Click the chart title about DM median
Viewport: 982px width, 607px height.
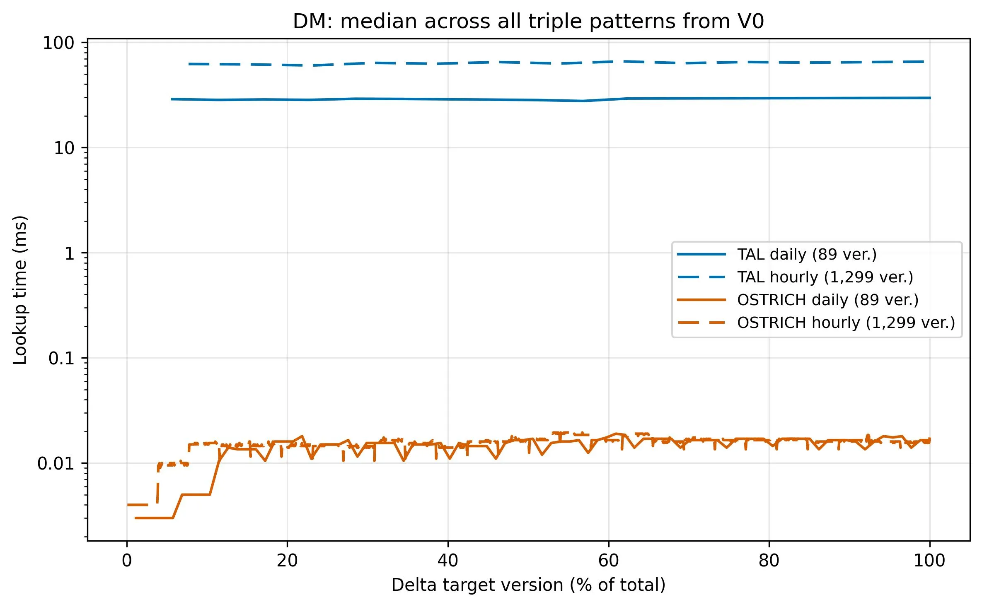click(528, 21)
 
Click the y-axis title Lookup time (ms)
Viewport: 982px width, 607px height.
click(20, 290)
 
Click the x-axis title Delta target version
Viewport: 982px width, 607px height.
click(528, 585)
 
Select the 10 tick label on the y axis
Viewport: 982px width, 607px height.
click(64, 148)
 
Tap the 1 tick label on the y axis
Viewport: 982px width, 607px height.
click(69, 253)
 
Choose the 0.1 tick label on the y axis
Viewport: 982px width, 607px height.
click(61, 359)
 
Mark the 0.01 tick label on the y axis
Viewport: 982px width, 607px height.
click(56, 464)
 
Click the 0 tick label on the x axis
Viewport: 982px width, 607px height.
click(127, 561)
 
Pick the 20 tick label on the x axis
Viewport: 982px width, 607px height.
click(287, 561)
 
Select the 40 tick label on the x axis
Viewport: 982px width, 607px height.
click(448, 561)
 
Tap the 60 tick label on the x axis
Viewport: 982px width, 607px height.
click(609, 561)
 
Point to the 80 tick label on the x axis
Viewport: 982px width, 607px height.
click(769, 561)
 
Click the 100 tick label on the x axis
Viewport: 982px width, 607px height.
click(930, 561)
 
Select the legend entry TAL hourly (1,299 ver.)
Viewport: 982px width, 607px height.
click(825, 277)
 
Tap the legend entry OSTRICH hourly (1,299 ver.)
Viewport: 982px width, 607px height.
click(846, 323)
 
